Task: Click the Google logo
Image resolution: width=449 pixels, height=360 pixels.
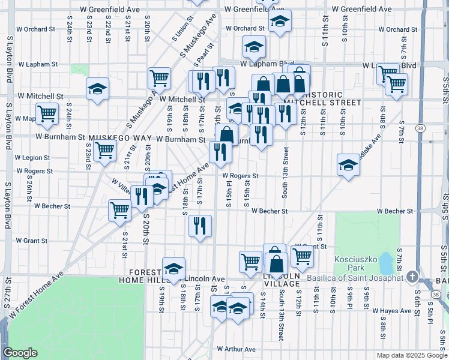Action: (20, 353)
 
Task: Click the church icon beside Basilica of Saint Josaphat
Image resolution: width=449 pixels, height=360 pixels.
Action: (412, 277)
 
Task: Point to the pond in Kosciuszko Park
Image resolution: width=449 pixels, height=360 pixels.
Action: (385, 260)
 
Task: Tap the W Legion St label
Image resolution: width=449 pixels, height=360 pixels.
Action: (34, 157)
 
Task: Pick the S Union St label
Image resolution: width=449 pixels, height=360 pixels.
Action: (178, 28)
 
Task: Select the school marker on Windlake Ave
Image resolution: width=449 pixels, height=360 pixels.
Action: (348, 165)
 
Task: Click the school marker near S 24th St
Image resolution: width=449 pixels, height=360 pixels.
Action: (97, 89)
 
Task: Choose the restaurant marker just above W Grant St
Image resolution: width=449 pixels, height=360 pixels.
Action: (200, 226)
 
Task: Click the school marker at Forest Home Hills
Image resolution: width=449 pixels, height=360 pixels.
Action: (173, 269)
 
